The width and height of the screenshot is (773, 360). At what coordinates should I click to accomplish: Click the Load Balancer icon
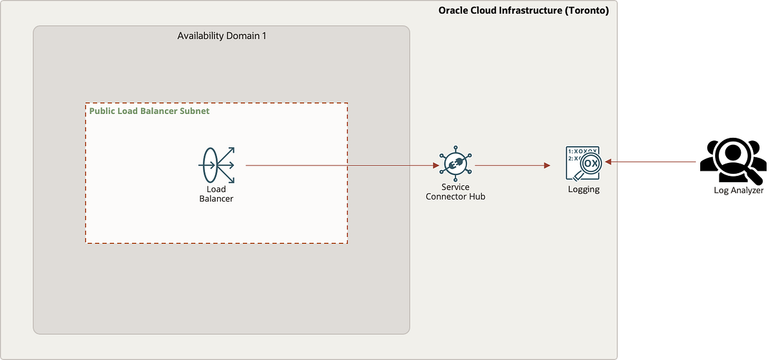[x=216, y=165]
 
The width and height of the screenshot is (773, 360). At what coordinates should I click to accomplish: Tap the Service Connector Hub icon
[x=455, y=165]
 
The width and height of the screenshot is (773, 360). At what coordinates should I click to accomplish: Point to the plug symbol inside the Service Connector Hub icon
[x=455, y=166]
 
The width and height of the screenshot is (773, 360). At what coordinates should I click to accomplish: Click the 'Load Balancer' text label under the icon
[x=216, y=194]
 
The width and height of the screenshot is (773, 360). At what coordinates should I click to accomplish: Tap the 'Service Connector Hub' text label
[x=455, y=192]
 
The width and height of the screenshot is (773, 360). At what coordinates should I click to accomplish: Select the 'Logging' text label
[x=583, y=189]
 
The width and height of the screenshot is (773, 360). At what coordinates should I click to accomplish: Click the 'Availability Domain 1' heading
[x=222, y=35]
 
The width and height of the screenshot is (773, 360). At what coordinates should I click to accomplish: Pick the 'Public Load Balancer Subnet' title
[x=149, y=111]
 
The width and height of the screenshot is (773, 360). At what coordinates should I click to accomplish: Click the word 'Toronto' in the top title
[x=585, y=10]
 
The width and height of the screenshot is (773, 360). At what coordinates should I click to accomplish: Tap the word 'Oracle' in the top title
[x=453, y=10]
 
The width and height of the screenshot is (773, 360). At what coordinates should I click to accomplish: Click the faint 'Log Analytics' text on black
[x=738, y=191]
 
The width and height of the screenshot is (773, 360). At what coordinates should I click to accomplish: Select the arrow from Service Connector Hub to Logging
[x=512, y=166]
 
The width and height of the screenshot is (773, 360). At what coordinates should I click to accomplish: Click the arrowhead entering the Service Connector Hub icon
[x=436, y=166]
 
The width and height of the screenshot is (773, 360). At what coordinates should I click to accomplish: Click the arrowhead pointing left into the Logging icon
[x=607, y=162]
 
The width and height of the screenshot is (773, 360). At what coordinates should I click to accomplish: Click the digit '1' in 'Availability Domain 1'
[x=263, y=35]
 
